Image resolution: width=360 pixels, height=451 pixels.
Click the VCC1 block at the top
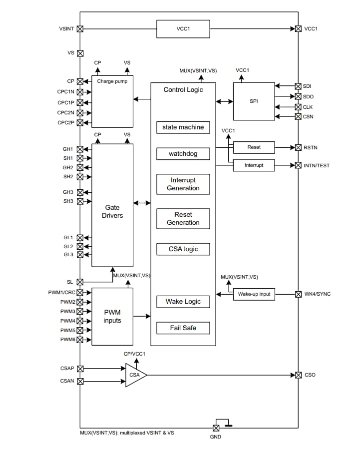[183, 29]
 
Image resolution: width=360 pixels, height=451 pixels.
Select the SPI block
[254, 101]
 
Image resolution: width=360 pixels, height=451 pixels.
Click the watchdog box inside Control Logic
[183, 154]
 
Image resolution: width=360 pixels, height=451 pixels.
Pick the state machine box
[183, 127]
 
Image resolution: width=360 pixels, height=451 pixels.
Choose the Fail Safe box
[183, 328]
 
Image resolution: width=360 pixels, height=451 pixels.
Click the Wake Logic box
[183, 302]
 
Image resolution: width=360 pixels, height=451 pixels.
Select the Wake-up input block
[254, 294]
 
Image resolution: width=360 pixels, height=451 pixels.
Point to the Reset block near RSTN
[254, 147]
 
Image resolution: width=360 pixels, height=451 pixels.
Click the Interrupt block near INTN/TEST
[254, 165]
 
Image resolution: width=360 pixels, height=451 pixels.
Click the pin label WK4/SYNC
[317, 294]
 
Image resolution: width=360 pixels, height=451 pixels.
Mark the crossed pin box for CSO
[298, 375]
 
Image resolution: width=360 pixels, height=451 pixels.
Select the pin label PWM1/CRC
[61, 292]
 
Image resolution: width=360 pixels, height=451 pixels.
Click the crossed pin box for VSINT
[80, 29]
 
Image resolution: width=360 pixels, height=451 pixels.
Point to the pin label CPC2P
[65, 122]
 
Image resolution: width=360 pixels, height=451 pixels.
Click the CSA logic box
[183, 249]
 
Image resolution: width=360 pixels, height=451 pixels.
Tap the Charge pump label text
[112, 81]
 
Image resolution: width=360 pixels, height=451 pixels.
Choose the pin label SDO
[308, 96]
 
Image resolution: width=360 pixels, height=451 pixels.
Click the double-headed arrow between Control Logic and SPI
[225, 102]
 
